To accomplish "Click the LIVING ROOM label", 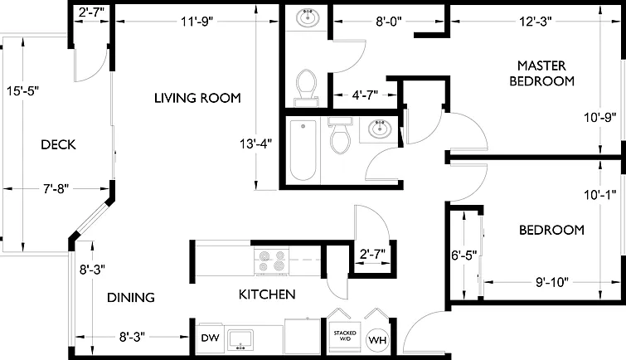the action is pyautogui.click(x=197, y=98).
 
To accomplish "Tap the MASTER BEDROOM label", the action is pyautogui.click(x=541, y=73).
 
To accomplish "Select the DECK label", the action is pyautogui.click(x=58, y=144).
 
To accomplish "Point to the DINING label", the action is pyautogui.click(x=131, y=297).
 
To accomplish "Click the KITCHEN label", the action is pyautogui.click(x=267, y=294).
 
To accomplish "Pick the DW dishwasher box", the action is pyautogui.click(x=210, y=338).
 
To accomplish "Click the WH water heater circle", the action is pyautogui.click(x=377, y=340).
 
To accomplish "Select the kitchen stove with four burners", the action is pyautogui.click(x=271, y=261).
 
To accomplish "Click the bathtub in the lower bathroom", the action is pyautogui.click(x=303, y=150).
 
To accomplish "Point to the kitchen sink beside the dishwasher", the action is pyautogui.click(x=240, y=339).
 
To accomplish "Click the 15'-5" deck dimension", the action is pyautogui.click(x=22, y=91).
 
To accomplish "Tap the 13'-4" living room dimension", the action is pyautogui.click(x=255, y=144).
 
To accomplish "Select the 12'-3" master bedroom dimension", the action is pyautogui.click(x=536, y=22).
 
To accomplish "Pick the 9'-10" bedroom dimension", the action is pyautogui.click(x=551, y=282).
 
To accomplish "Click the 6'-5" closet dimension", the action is pyautogui.click(x=464, y=255).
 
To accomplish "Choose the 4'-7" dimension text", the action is pyautogui.click(x=365, y=95).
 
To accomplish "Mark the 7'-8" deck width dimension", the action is pyautogui.click(x=56, y=188).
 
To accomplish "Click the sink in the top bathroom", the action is pyautogui.click(x=308, y=18).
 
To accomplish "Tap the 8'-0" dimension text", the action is pyautogui.click(x=389, y=22).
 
